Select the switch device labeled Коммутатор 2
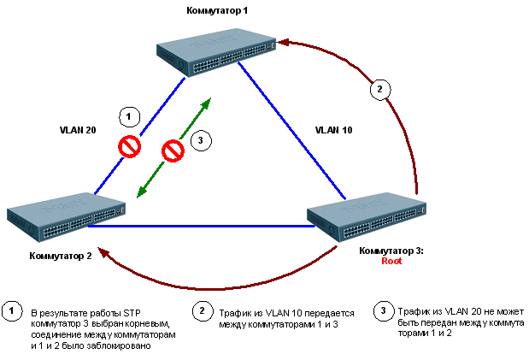pyautogui.click(x=66, y=213)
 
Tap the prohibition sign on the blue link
pyautogui.click(x=129, y=147)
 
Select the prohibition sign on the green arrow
pyautogui.click(x=174, y=151)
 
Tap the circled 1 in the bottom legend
pyautogui.click(x=11, y=310)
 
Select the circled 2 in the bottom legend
pyautogui.click(x=202, y=310)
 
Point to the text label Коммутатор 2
pyautogui.click(x=60, y=255)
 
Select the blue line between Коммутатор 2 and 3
pyautogui.click(x=197, y=227)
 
